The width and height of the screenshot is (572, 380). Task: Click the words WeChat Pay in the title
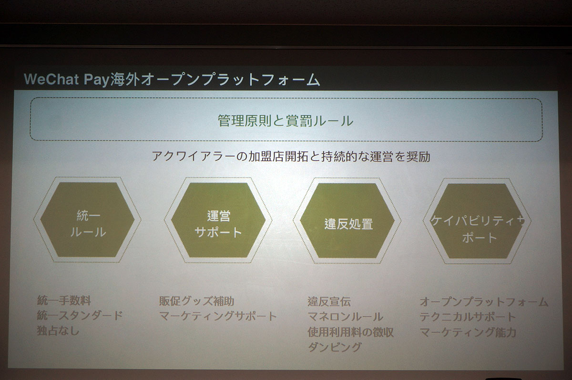tap(66, 79)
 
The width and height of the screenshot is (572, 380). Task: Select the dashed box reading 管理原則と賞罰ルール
tap(286, 120)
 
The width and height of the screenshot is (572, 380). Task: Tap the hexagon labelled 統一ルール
tap(87, 220)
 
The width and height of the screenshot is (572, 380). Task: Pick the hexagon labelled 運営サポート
tap(218, 220)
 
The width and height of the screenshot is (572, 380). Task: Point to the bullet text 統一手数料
tap(64, 300)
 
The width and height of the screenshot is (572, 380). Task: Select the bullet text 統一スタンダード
tap(80, 315)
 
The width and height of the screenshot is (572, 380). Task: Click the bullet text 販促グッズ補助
tap(197, 301)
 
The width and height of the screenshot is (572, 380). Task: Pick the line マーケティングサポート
tap(218, 316)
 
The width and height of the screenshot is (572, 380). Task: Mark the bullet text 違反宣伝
tap(329, 301)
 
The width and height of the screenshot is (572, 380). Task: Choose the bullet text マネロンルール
tap(345, 317)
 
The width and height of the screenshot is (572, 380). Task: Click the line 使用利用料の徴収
tap(351, 332)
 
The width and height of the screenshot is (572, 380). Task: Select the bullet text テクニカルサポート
tap(468, 317)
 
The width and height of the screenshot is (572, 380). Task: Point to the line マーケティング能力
tap(468, 332)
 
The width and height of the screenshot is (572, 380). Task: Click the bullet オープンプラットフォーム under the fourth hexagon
tap(484, 301)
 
